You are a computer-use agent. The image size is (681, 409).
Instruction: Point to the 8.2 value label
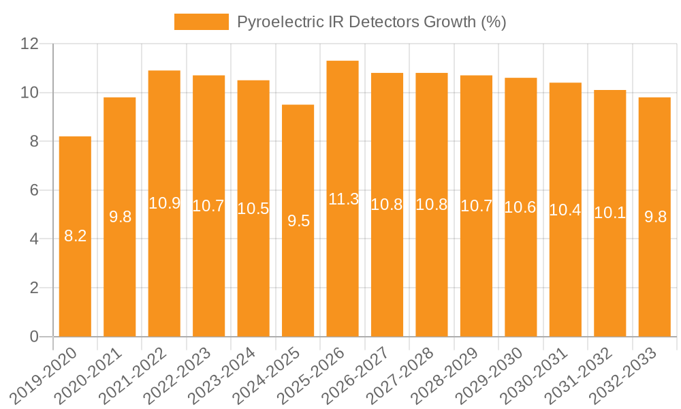click(75, 237)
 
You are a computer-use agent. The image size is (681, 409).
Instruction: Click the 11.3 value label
click(343, 199)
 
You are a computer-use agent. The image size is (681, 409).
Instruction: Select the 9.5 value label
click(298, 221)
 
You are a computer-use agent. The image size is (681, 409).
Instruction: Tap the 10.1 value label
click(610, 213)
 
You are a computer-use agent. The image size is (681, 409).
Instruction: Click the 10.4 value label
click(565, 210)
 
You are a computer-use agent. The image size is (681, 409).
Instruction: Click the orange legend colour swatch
click(202, 22)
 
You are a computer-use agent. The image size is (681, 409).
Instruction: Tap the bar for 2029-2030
click(521, 273)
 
